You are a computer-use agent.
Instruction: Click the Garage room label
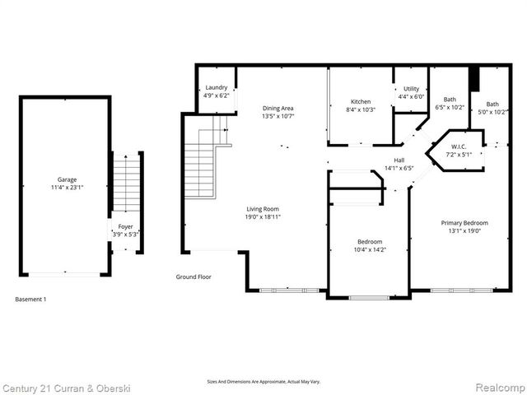click(x=66, y=179)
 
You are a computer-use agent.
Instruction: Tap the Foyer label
click(x=125, y=225)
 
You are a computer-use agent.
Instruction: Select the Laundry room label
click(x=217, y=87)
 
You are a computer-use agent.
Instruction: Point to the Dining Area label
click(x=277, y=108)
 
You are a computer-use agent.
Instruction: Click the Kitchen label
click(x=361, y=100)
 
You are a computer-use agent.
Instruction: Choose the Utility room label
click(x=411, y=88)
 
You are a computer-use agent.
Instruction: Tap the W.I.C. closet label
click(x=458, y=146)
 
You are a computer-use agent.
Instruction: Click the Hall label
click(x=399, y=160)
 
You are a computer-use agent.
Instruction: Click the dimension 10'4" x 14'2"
click(x=369, y=249)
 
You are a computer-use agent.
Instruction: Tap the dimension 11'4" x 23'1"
click(x=66, y=187)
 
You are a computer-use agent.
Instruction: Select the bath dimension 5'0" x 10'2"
click(x=492, y=112)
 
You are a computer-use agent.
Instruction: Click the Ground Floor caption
click(x=194, y=277)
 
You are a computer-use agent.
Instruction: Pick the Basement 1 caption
click(x=31, y=300)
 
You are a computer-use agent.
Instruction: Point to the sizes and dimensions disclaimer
click(x=263, y=382)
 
